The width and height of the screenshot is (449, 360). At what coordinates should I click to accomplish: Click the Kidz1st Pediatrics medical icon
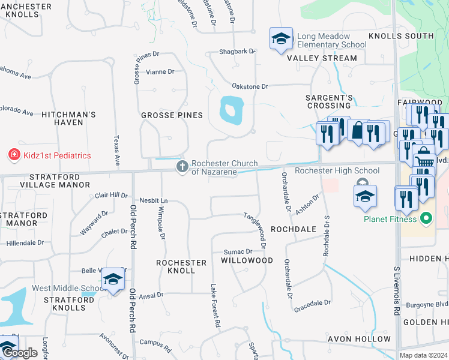pyautogui.click(x=13, y=155)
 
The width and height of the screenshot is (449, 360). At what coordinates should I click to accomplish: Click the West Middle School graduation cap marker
pyautogui.click(x=112, y=279)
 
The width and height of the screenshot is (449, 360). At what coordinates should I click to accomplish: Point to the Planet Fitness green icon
pyautogui.click(x=426, y=218)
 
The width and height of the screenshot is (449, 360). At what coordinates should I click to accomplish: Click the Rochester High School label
pyautogui.click(x=337, y=171)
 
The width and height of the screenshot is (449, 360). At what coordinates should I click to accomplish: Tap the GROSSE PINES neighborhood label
pyautogui.click(x=172, y=115)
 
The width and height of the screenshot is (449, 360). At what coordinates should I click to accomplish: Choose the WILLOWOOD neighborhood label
pyautogui.click(x=247, y=260)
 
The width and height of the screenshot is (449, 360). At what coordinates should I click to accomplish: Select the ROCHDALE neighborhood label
pyautogui.click(x=293, y=229)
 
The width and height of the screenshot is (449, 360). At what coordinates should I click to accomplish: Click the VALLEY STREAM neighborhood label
pyautogui.click(x=322, y=59)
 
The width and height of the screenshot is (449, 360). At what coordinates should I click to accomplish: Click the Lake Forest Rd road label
pyautogui.click(x=214, y=305)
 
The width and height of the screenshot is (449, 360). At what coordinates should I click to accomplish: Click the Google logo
pyautogui.click(x=19, y=353)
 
